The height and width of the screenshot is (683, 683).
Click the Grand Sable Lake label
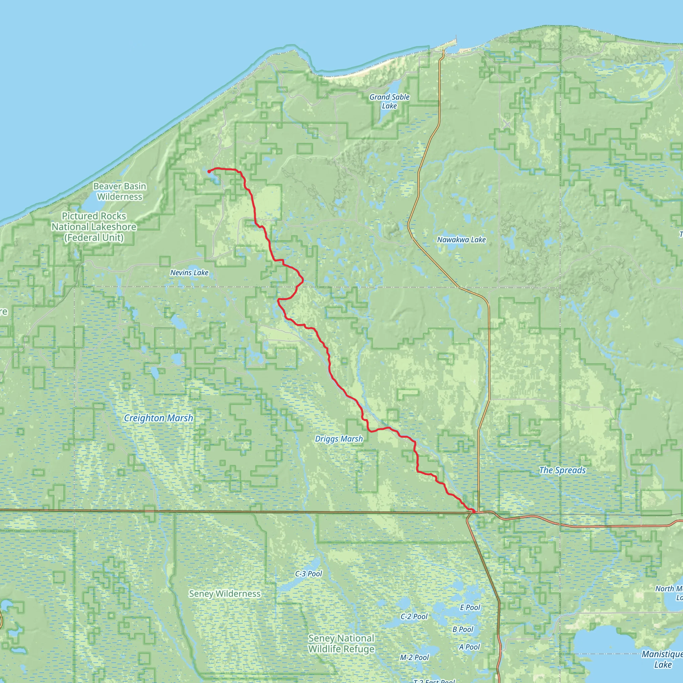(389, 101)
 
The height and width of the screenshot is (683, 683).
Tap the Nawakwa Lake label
(461, 240)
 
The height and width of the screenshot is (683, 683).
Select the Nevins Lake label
(189, 272)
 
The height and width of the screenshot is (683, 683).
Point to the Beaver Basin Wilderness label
(120, 191)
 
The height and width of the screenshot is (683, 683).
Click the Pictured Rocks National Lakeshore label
(94, 226)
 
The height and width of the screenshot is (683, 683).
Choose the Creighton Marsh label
(158, 418)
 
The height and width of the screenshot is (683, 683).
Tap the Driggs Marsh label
(339, 439)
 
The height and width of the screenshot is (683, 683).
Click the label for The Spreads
(562, 470)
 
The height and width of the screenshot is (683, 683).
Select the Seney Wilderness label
(225, 594)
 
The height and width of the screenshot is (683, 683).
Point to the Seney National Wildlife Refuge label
(341, 643)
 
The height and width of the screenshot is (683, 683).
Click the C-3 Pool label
(308, 573)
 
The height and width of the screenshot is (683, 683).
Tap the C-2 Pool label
(414, 617)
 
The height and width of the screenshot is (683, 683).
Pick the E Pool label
(470, 607)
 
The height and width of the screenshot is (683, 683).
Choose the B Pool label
(463, 629)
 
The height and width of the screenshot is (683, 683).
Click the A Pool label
(470, 647)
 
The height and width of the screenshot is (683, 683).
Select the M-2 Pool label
(414, 657)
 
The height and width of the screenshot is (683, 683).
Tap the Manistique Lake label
(662, 659)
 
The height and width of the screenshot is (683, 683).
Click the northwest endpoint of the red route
(209, 171)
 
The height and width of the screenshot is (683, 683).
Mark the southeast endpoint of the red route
(473, 511)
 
